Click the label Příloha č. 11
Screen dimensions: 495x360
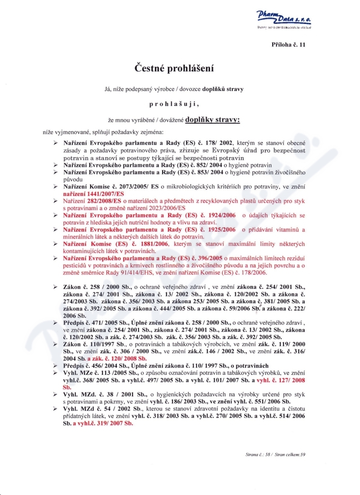coord(288,45)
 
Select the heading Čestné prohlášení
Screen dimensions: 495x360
coord(174,68)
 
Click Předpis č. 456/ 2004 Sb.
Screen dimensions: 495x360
coord(96,365)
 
